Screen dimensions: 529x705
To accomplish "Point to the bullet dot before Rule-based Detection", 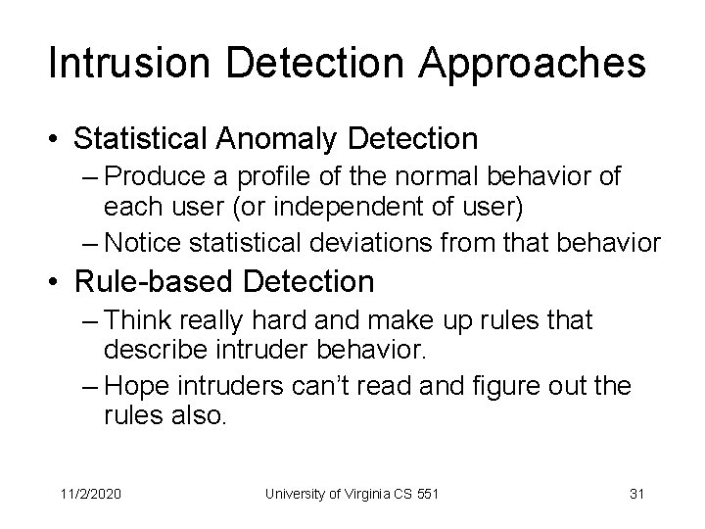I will pyautogui.click(x=57, y=282).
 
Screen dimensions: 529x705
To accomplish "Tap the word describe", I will pyautogui.click(x=156, y=350).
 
